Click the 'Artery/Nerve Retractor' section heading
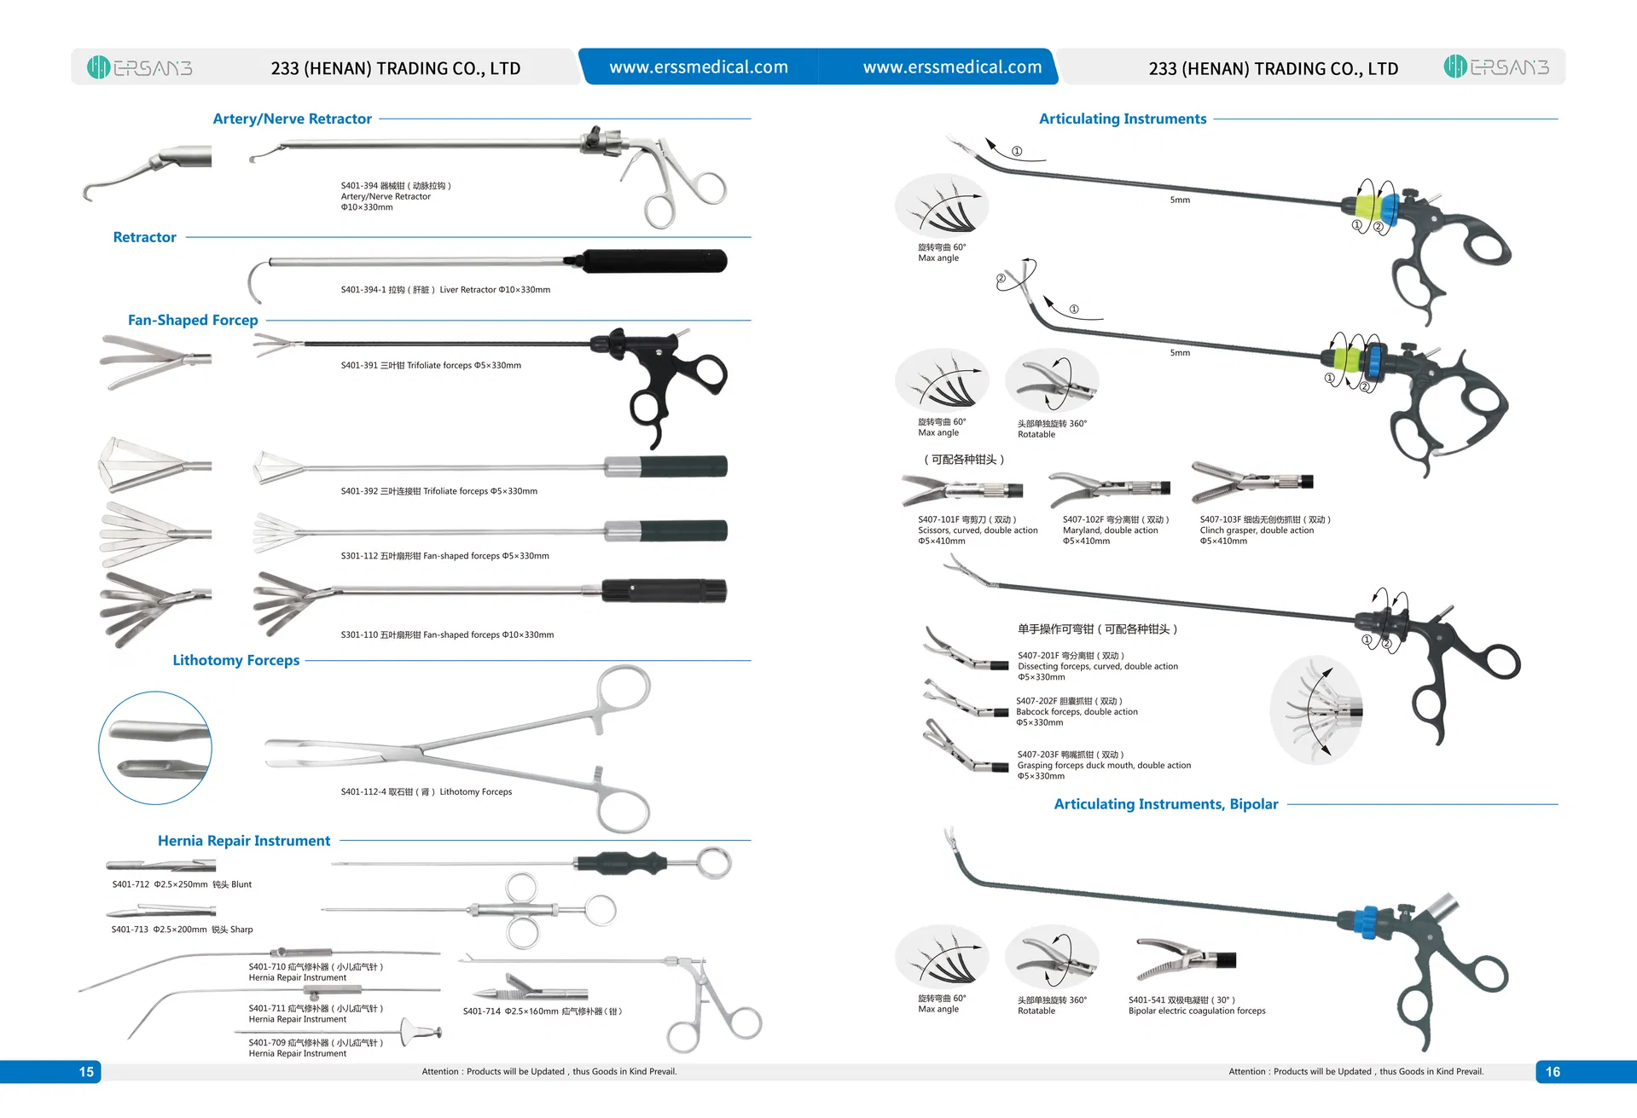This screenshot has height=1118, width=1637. click(292, 119)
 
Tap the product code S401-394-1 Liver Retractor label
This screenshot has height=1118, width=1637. click(445, 290)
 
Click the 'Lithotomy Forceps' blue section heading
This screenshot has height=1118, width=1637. click(235, 660)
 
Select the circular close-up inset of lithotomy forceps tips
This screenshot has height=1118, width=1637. click(155, 748)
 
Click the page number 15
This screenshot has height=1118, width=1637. click(86, 1072)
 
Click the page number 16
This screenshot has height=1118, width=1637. click(1553, 1072)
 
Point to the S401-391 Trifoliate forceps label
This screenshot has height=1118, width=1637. click(431, 365)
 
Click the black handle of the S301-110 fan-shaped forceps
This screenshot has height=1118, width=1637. click(664, 590)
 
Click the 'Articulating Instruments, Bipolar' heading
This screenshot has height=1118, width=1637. click(1165, 804)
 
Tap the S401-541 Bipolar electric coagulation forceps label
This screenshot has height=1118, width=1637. click(1196, 1005)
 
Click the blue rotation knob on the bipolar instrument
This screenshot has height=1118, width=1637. click(1370, 922)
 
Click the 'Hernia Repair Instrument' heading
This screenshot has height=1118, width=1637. click(244, 841)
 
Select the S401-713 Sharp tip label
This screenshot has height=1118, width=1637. click(182, 930)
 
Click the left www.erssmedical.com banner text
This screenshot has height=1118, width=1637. click(698, 67)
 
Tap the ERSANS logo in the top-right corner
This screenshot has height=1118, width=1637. click(1496, 67)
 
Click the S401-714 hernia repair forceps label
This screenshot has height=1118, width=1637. click(543, 1011)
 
